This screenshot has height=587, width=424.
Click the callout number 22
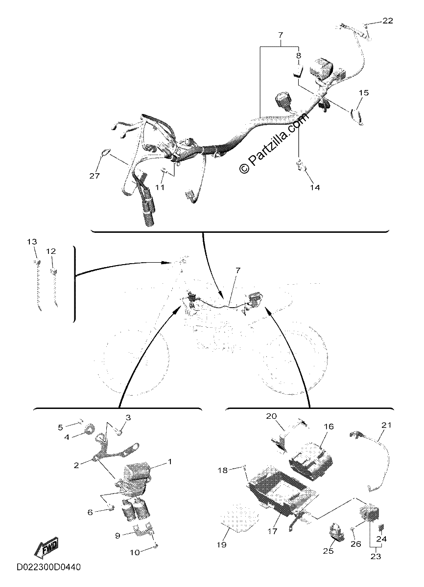388,21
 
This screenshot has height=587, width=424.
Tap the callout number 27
94,176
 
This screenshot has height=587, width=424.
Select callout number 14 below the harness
315,187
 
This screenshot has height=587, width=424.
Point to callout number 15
364,92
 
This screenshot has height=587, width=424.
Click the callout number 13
32,241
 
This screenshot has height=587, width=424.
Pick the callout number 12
51,251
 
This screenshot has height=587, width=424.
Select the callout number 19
222,544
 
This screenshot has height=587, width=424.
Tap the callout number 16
329,427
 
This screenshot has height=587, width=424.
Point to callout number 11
160,187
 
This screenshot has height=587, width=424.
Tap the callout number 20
272,416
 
